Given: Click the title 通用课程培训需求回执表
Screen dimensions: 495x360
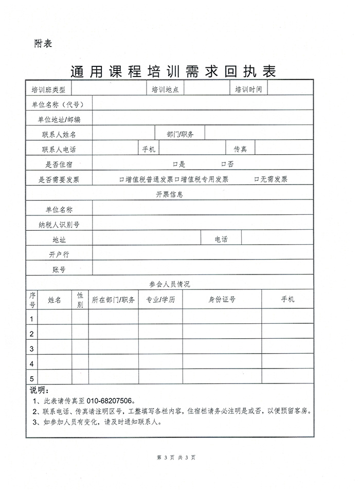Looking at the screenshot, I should [173, 71].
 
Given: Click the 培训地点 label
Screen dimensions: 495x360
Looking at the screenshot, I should [165, 89].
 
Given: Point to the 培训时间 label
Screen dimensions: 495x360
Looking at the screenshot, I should [248, 89].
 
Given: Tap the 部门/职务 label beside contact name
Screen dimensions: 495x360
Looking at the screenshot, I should [180, 134].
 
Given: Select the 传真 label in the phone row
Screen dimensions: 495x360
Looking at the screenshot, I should [241, 149].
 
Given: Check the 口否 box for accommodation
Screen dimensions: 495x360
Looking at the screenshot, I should [224, 164].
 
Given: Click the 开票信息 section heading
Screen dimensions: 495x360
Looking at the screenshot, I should [170, 194].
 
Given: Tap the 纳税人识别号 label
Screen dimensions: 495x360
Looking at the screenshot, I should [59, 225].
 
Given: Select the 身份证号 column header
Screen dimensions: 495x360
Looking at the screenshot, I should [222, 300].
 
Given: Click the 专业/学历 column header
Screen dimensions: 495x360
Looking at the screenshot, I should [161, 300].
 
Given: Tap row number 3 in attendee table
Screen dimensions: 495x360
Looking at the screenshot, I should [32, 349].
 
